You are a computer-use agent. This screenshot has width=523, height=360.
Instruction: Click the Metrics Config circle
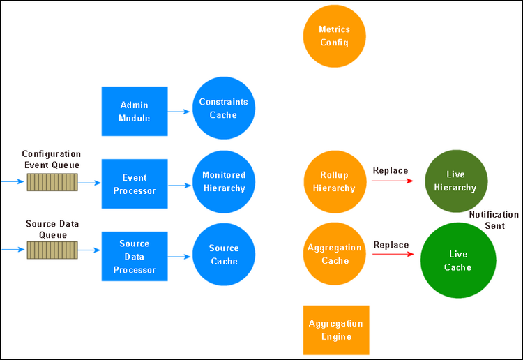[334, 36]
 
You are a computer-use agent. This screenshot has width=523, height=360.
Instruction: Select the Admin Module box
[135, 111]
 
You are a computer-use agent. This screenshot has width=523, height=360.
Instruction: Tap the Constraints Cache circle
[223, 108]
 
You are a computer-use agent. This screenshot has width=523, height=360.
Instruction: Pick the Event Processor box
[135, 183]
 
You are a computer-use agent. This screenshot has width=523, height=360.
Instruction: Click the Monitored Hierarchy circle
[224, 182]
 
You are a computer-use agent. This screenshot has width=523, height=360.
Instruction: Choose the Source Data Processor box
[135, 256]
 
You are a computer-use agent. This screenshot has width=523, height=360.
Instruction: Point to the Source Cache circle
[224, 254]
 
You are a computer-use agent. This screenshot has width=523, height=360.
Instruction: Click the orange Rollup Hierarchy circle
[335, 182]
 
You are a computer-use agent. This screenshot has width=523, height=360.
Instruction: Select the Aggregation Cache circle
[334, 254]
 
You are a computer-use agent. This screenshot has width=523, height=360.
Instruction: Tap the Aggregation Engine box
[336, 330]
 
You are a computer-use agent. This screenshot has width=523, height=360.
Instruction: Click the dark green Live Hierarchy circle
[456, 181]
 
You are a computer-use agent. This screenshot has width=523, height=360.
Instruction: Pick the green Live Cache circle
[458, 260]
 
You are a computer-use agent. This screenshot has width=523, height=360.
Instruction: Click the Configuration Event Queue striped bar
[52, 182]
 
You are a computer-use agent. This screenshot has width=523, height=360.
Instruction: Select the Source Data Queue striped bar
[52, 250]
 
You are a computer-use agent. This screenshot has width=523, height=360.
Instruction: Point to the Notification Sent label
[494, 220]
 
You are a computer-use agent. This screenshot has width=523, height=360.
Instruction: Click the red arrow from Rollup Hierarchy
[392, 181]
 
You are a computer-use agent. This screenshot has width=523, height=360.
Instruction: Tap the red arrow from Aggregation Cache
[393, 254]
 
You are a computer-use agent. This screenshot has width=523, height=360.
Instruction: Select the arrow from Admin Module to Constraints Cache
[179, 112]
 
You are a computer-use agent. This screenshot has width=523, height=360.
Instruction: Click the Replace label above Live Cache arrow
[391, 245]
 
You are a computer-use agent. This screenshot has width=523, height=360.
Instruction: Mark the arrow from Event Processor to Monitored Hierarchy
[179, 185]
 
